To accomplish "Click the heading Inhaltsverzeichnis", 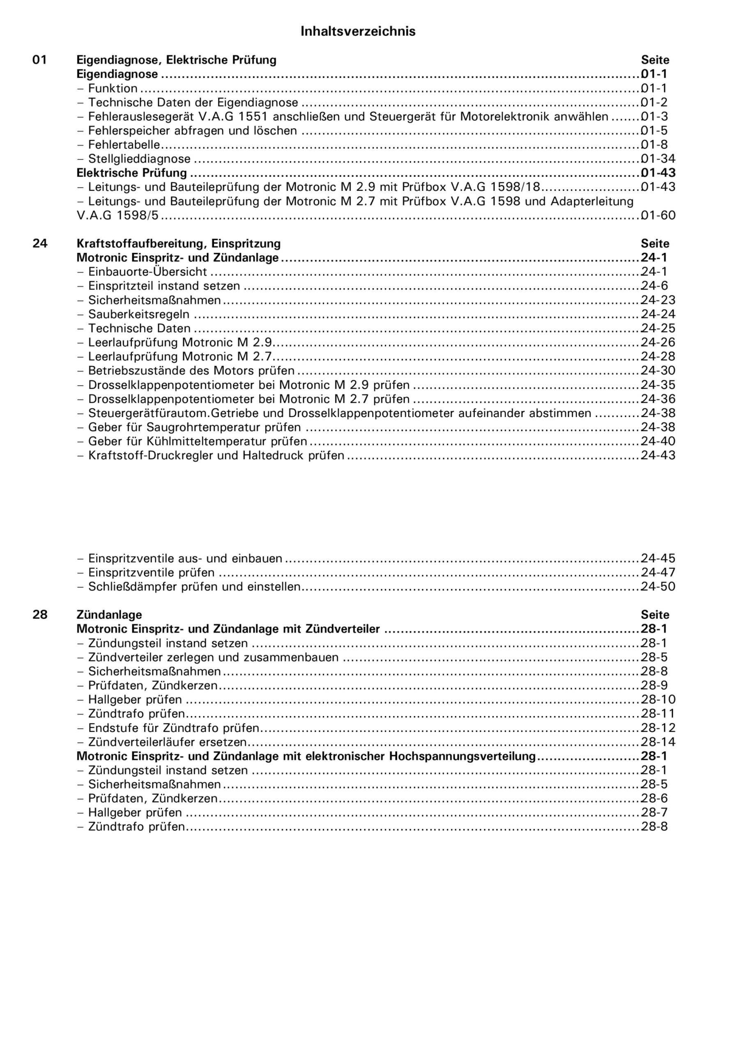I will pyautogui.click(x=358, y=31).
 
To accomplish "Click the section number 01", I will pyautogui.click(x=39, y=60).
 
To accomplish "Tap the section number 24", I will pyautogui.click(x=39, y=243).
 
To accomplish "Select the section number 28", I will pyautogui.click(x=39, y=615).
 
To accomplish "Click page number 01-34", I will pyautogui.click(x=658, y=159).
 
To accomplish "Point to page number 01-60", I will pyautogui.click(x=658, y=215).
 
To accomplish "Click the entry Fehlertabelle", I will pyautogui.click(x=124, y=145).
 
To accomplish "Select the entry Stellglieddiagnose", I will pyautogui.click(x=139, y=159).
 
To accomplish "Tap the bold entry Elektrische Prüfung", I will pyautogui.click(x=132, y=173).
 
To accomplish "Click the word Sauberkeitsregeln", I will pyautogui.click(x=139, y=314).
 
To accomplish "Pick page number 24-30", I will pyautogui.click(x=658, y=370).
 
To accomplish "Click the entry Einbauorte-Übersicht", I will pyautogui.click(x=147, y=271).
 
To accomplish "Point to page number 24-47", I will pyautogui.click(x=658, y=572).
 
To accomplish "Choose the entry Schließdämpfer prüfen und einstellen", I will pyautogui.click(x=194, y=586).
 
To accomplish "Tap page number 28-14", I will pyautogui.click(x=658, y=741).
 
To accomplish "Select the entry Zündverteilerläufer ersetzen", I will pyautogui.click(x=168, y=741).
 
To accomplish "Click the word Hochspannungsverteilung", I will pyautogui.click(x=462, y=756).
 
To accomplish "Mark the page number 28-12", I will pyautogui.click(x=658, y=727).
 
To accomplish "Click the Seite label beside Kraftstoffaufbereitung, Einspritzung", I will pyautogui.click(x=655, y=243).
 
